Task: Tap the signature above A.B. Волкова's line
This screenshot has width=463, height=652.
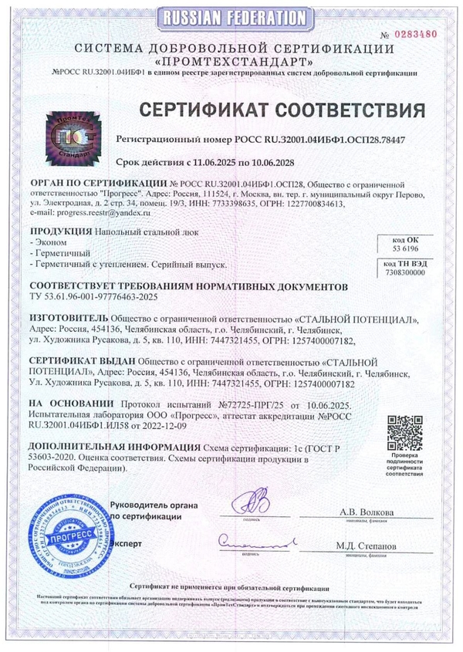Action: [x=252, y=504]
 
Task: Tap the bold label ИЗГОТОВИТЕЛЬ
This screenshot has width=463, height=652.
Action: [x=69, y=318]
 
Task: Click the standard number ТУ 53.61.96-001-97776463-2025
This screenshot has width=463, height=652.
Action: [x=97, y=296]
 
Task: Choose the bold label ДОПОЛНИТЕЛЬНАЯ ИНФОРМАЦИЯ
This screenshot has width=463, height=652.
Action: [x=113, y=448]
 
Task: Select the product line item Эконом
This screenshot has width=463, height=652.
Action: [x=48, y=242]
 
